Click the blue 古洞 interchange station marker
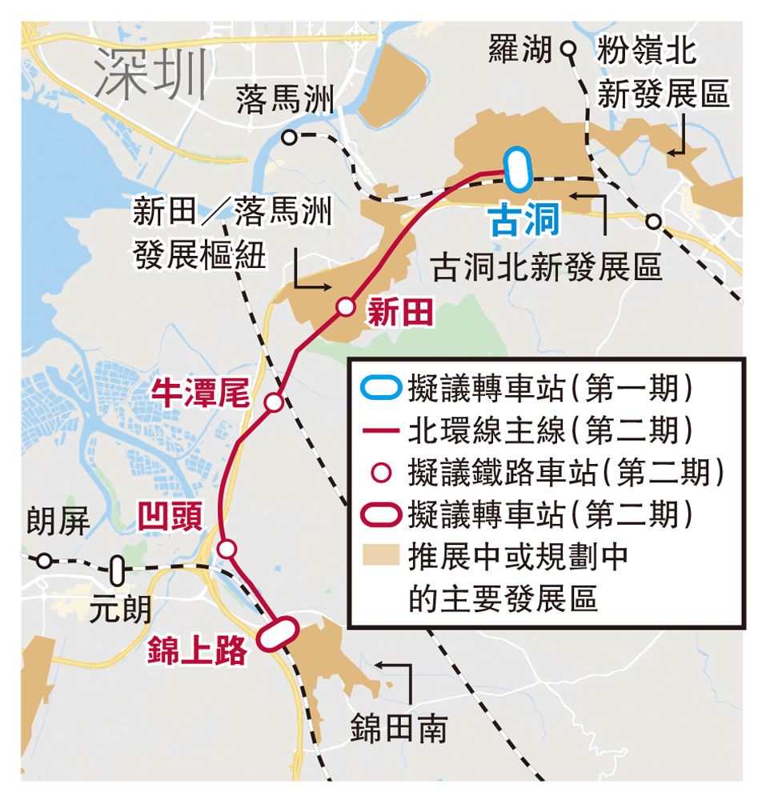(x=518, y=170)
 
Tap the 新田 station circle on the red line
(x=345, y=306)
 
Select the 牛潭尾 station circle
(x=274, y=402)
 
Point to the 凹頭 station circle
(x=227, y=549)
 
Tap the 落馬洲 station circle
(x=289, y=138)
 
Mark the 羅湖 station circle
(x=568, y=50)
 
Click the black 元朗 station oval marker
(x=118, y=570)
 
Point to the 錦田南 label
(x=398, y=729)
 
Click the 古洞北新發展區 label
(x=547, y=268)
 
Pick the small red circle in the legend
(x=381, y=472)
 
